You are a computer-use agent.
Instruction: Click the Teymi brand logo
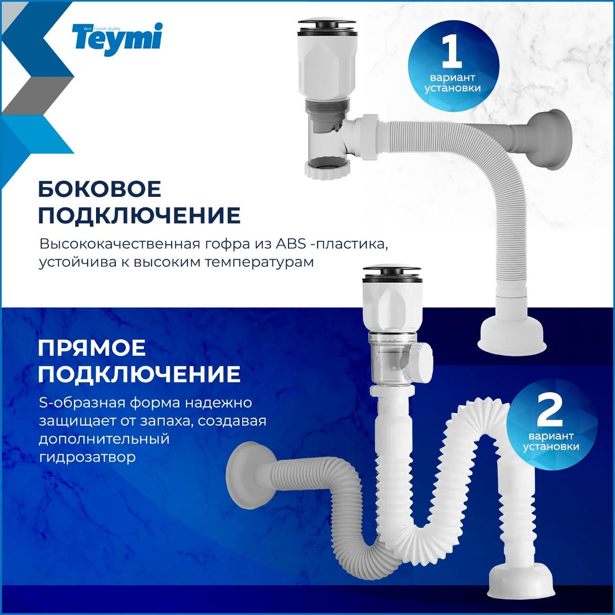pos(117,39)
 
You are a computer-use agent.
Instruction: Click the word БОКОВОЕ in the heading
pos(100,190)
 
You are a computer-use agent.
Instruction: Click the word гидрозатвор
pos(87,457)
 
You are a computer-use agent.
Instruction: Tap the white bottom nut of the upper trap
pos(327,168)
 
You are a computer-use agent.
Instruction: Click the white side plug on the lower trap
pos(422,363)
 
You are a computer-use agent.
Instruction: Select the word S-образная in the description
pos(81,403)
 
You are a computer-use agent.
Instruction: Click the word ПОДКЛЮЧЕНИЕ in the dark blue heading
pos(139,374)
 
